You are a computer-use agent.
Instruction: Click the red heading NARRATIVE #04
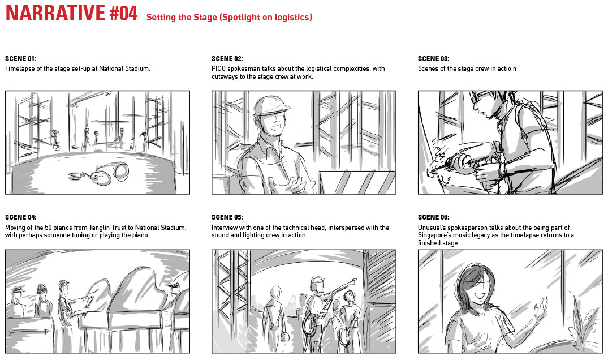71,13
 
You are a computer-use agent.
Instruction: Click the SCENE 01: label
20,59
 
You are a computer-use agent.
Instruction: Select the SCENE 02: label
227,59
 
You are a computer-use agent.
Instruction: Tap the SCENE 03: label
433,59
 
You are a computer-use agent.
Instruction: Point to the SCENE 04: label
20,217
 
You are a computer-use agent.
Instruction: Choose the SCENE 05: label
227,217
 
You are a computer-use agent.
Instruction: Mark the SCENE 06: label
433,217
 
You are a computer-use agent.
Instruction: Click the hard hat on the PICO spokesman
271,105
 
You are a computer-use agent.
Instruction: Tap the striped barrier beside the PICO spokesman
357,182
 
